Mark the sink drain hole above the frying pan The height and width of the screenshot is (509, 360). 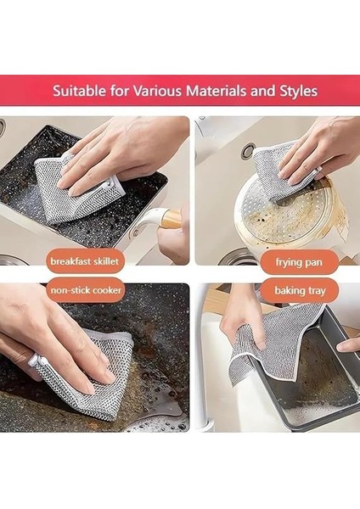(x=247, y=151)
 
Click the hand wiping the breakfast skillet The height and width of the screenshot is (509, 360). (x=119, y=148)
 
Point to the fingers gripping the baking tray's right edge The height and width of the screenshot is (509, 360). (x=348, y=344)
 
